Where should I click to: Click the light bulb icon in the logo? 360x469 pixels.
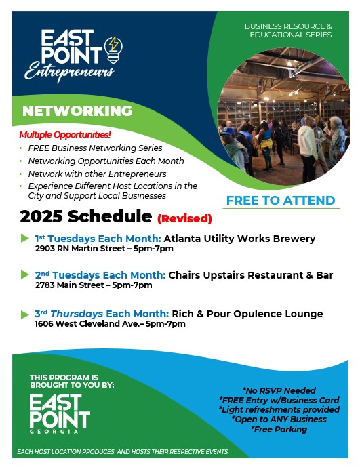click(113, 49)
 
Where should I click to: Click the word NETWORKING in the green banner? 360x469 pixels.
click(77, 110)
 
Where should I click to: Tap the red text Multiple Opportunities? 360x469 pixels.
click(65, 135)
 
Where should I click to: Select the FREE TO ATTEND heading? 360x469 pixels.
click(281, 200)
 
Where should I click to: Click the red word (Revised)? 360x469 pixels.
click(184, 218)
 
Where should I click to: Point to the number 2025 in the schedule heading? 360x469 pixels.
click(41, 216)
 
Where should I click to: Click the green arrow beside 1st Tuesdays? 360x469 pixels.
click(25, 239)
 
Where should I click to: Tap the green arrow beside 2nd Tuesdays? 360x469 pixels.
click(25, 274)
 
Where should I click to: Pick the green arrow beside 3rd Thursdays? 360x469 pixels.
click(25, 314)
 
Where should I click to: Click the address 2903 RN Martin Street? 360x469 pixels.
click(80, 249)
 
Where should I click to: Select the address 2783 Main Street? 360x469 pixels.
click(69, 285)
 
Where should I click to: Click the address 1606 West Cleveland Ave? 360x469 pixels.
click(87, 324)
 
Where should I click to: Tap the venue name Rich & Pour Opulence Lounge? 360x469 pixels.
click(247, 314)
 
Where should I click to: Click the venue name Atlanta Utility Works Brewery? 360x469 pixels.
click(239, 239)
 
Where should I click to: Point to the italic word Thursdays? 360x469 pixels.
click(77, 314)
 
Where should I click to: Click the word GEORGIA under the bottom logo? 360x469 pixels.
click(54, 432)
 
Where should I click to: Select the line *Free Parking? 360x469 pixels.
click(279, 429)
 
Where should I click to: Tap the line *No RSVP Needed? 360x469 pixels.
click(279, 390)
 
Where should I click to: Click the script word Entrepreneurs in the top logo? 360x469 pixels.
click(69, 72)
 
